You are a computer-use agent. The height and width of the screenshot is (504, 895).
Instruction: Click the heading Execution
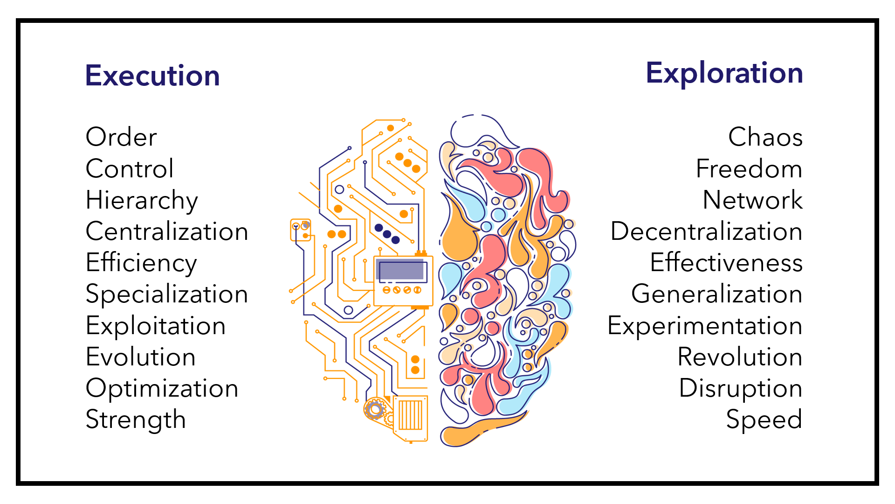152,76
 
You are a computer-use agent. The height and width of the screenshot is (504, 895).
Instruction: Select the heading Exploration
724,73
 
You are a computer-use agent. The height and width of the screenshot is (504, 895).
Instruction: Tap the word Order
121,137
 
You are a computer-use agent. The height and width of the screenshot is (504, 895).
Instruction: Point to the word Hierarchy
142,200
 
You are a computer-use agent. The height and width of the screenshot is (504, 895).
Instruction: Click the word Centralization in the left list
167,231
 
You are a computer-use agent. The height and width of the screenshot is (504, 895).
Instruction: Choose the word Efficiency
141,263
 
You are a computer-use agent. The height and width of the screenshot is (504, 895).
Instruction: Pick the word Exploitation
156,326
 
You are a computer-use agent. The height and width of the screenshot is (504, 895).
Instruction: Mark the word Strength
136,420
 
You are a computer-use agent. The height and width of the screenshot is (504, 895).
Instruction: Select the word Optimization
162,388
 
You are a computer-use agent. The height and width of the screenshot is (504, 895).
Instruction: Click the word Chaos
765,137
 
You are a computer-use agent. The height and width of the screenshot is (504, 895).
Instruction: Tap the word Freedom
749,168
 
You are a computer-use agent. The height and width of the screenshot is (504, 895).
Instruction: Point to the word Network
752,200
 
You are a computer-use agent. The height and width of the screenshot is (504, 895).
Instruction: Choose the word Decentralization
706,231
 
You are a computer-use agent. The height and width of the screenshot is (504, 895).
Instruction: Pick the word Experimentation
705,326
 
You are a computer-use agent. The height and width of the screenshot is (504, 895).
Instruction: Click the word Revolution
740,357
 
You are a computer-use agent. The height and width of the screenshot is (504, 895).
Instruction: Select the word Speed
764,420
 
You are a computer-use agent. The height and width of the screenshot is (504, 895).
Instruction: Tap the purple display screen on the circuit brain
401,271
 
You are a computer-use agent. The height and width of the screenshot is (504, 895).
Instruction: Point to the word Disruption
740,388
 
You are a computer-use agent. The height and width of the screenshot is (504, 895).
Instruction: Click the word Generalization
716,294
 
